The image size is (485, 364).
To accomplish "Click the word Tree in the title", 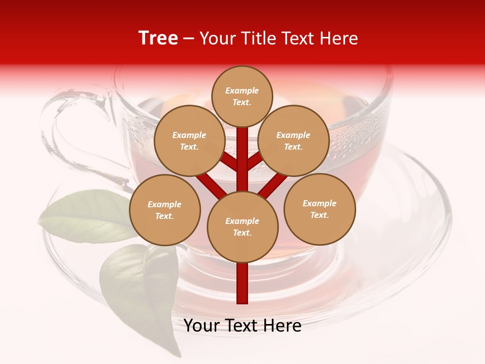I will [x=158, y=38].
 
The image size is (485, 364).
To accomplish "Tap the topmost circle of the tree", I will [x=243, y=96].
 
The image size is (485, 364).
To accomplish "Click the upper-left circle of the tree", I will [x=189, y=141].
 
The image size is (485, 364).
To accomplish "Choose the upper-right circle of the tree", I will [x=294, y=141].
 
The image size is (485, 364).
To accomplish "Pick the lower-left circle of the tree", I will [x=165, y=210].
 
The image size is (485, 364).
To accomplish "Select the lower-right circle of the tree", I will [x=320, y=209].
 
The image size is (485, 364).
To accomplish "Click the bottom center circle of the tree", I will [x=243, y=226].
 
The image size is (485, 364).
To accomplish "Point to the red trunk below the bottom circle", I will [x=243, y=283].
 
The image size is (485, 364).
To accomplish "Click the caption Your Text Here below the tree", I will [x=243, y=326].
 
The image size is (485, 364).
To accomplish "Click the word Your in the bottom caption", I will [x=201, y=326].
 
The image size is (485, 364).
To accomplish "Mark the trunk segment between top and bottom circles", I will [x=243, y=159].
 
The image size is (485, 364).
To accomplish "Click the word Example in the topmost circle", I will [x=242, y=90].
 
